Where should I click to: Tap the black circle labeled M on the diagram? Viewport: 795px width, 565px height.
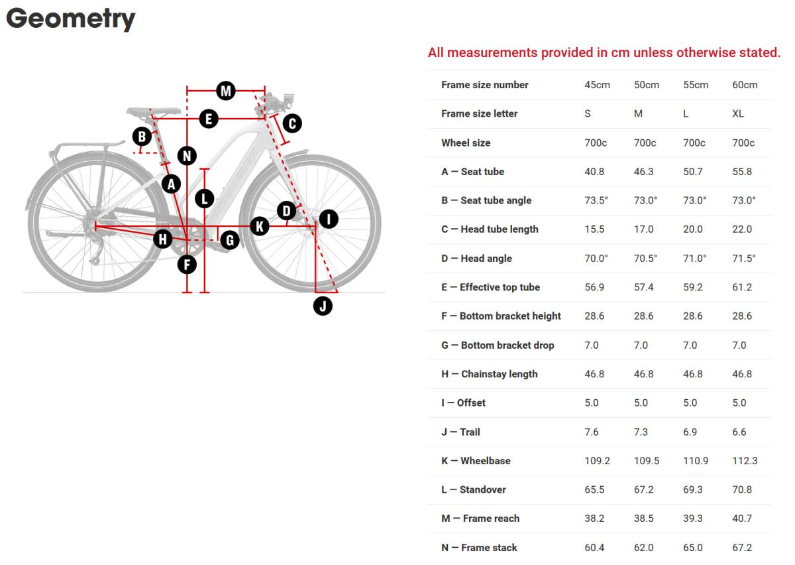click(x=226, y=91)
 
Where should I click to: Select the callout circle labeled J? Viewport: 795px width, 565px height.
click(x=323, y=306)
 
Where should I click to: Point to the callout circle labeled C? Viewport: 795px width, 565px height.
click(x=291, y=123)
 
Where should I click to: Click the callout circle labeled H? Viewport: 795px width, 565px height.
click(x=163, y=239)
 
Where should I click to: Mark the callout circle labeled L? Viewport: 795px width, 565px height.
click(x=205, y=198)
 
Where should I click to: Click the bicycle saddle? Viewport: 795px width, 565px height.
click(x=153, y=111)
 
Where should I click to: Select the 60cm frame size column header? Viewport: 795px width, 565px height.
click(x=745, y=85)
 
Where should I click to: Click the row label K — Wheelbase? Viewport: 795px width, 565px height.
click(x=476, y=461)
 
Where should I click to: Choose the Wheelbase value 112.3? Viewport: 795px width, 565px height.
click(x=745, y=461)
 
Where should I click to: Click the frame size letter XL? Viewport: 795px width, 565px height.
click(x=738, y=113)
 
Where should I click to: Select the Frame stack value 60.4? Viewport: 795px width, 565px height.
click(x=594, y=548)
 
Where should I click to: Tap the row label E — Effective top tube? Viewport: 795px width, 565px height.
click(x=490, y=287)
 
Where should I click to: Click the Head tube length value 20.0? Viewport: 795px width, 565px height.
click(x=692, y=229)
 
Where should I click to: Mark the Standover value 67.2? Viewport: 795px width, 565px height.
click(x=643, y=489)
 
